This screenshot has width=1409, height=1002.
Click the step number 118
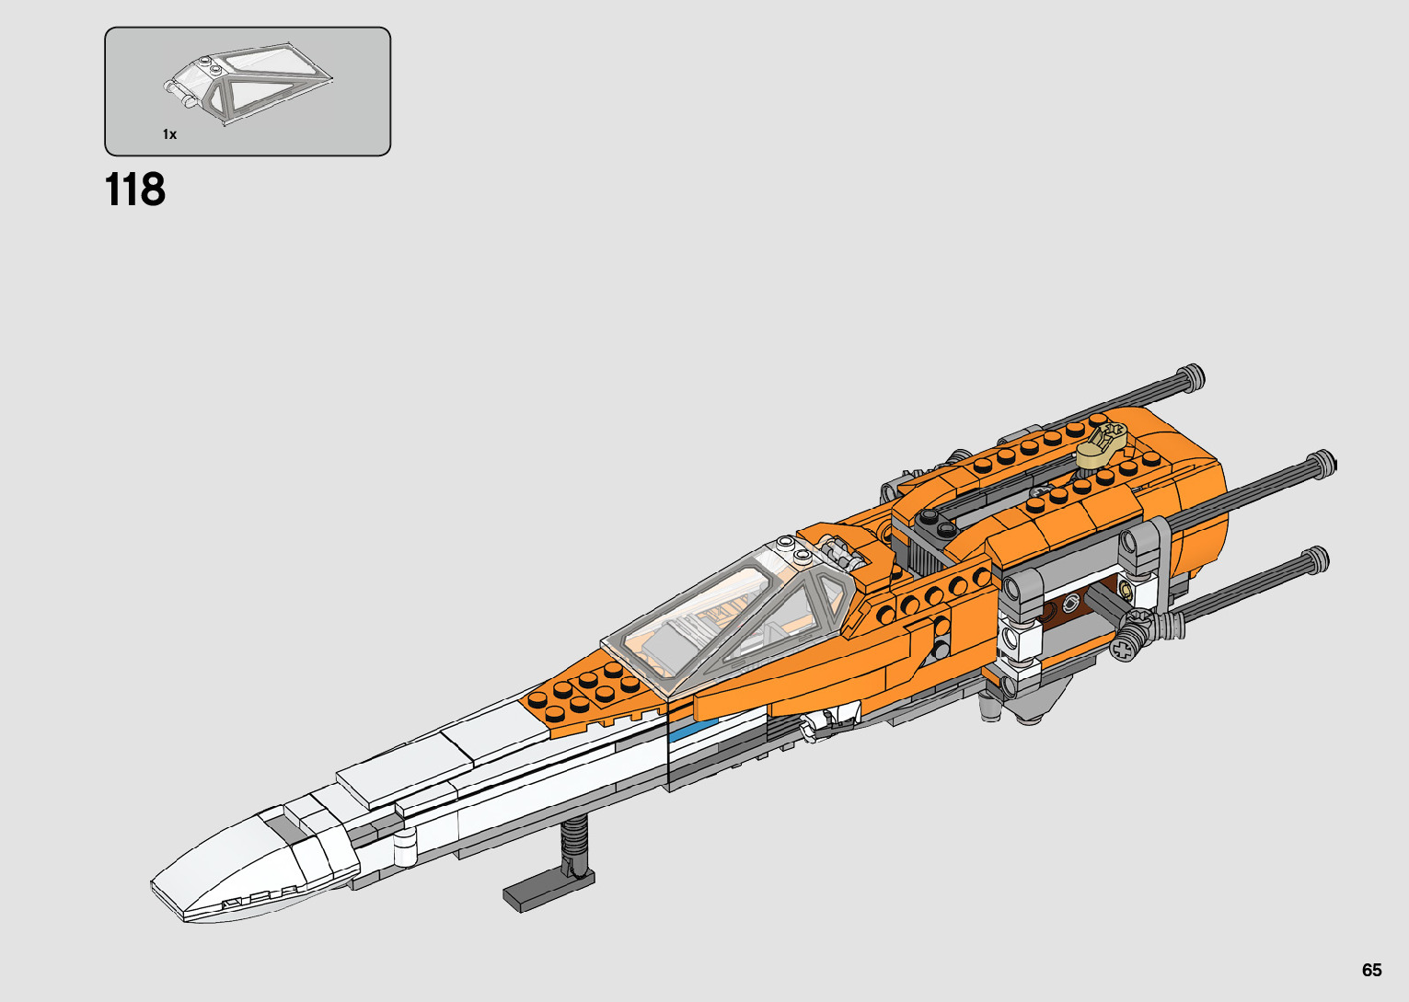(135, 190)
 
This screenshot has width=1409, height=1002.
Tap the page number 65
(1371, 971)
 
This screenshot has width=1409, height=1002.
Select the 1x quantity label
(169, 134)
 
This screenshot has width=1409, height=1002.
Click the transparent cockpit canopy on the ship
(727, 612)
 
